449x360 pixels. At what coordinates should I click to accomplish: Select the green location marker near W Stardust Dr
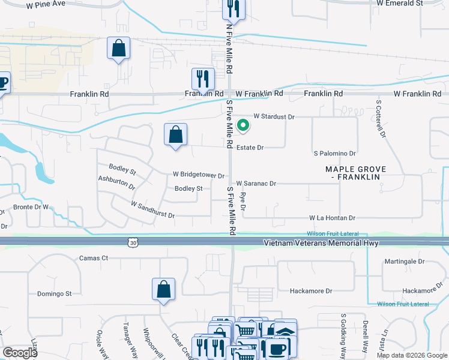tap(243, 125)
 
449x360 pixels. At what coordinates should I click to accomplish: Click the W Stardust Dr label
tap(275, 116)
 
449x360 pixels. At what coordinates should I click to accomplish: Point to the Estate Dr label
tap(250, 147)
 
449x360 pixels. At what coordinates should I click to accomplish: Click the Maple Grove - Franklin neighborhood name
tap(356, 173)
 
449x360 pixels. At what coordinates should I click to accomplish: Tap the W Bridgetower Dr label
tap(198, 176)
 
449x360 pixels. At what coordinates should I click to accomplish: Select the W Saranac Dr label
tap(256, 184)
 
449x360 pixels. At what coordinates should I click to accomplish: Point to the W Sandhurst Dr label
tap(152, 210)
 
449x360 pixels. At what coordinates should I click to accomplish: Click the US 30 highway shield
tap(133, 242)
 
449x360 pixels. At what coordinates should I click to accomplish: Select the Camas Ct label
tap(93, 258)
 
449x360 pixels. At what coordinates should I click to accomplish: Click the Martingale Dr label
tap(405, 262)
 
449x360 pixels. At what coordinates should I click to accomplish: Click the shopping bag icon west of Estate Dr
tap(176, 135)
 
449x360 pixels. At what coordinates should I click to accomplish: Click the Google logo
tap(19, 353)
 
